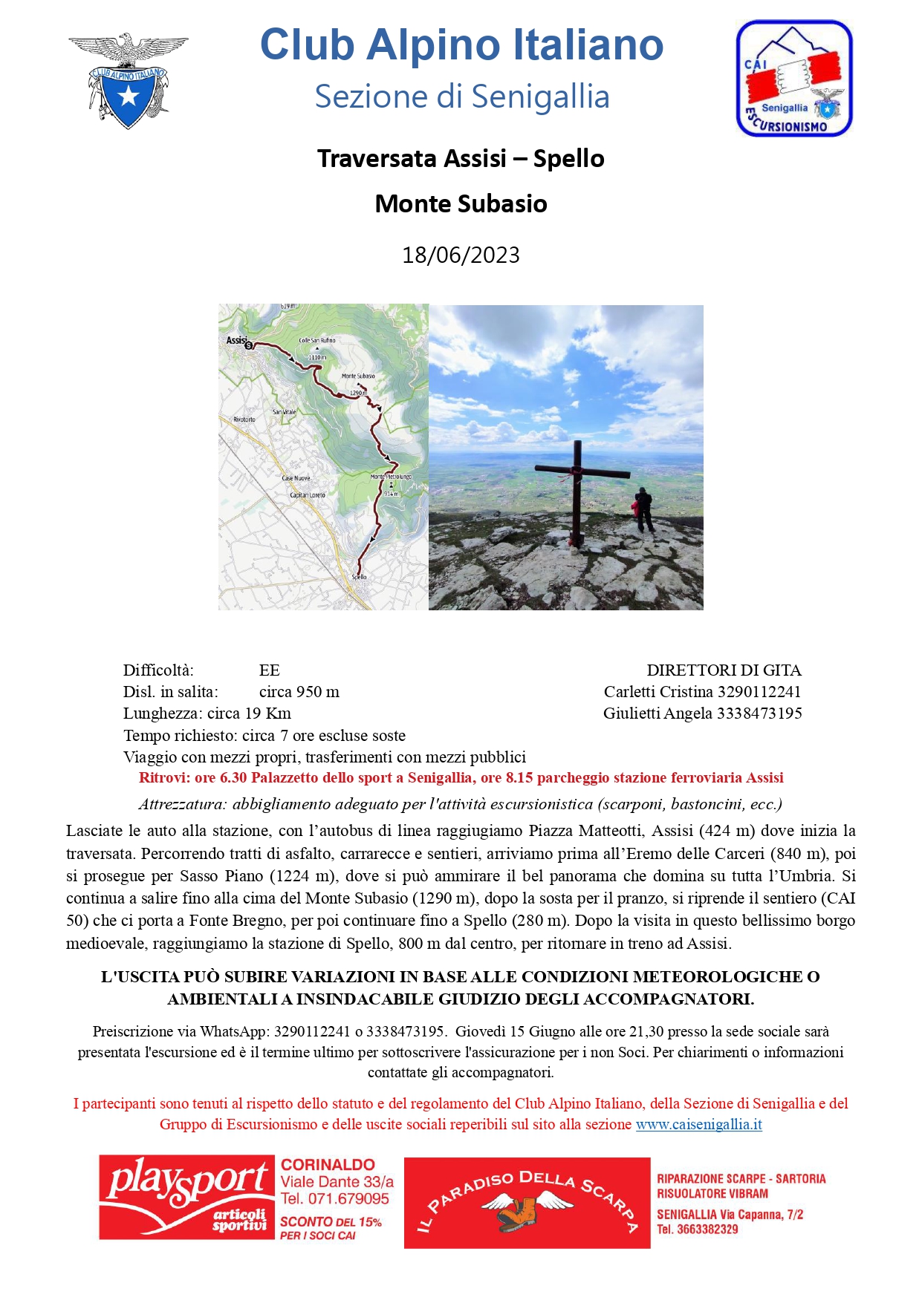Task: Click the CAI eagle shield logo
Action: pos(128,80)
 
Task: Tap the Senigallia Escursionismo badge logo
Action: pos(793,79)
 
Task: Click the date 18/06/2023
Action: pos(461,255)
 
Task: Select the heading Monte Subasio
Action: pos(461,203)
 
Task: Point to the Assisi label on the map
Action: pos(236,340)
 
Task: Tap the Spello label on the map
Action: pos(359,576)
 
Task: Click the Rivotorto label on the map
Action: pos(244,419)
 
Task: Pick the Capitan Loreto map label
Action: pos(307,494)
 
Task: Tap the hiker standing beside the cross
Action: pos(643,509)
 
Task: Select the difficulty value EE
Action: pos(269,670)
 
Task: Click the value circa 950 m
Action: pos(299,692)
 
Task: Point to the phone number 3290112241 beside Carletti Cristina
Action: pos(759,692)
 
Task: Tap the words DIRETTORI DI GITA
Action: pos(724,670)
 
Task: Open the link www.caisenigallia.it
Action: pos(698,1124)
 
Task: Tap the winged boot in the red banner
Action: pos(525,1207)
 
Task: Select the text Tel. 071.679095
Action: pos(334,1198)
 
